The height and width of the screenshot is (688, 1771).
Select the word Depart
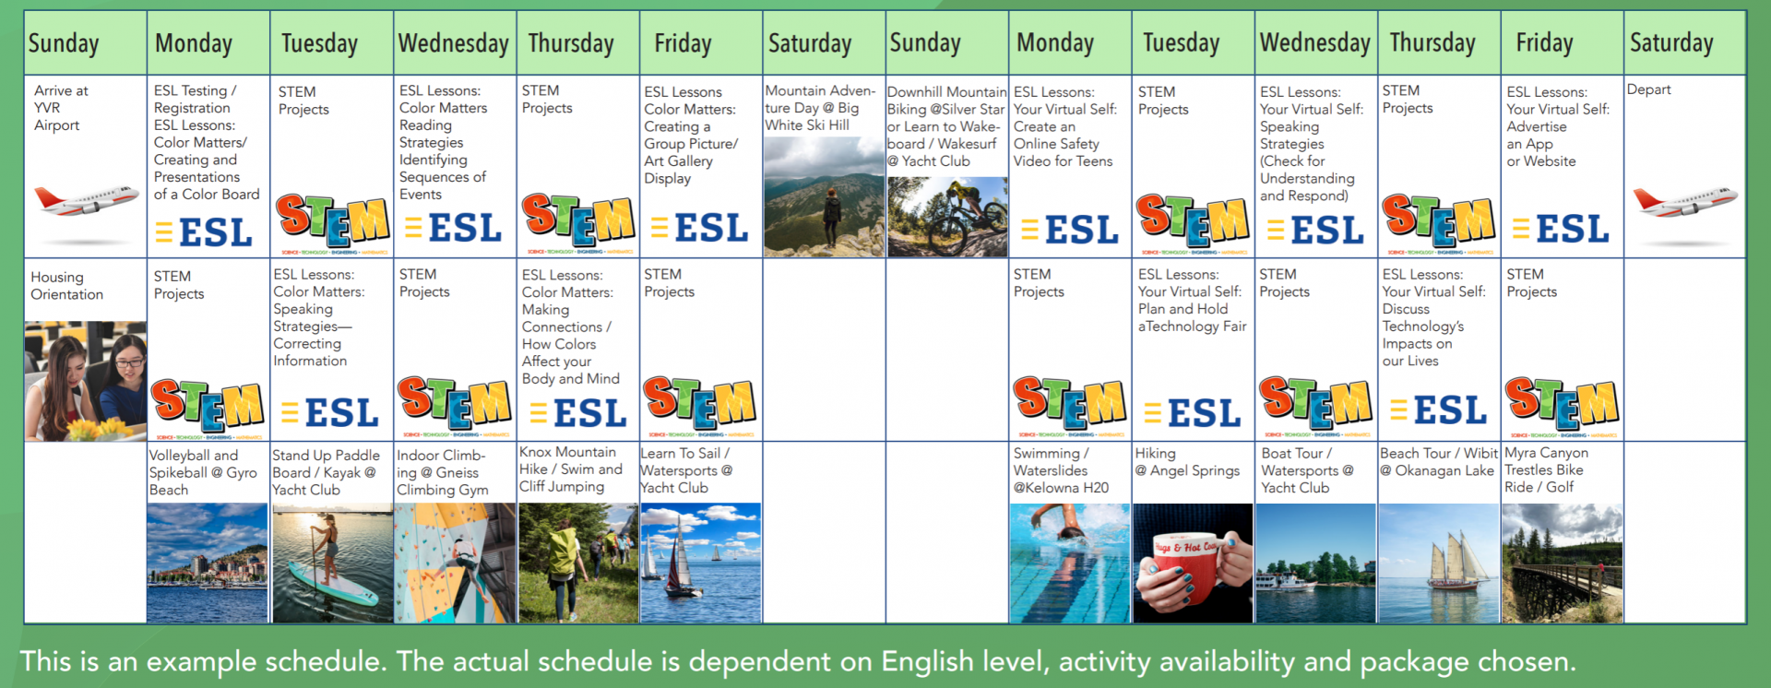1648,89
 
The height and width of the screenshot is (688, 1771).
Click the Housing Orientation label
66,286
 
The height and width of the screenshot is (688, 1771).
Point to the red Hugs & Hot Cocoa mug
1192,563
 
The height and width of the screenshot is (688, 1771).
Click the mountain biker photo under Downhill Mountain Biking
947,217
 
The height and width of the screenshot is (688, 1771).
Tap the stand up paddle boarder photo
332,563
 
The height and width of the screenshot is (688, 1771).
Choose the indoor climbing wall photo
456,563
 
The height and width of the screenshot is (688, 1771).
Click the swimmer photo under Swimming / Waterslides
1070,563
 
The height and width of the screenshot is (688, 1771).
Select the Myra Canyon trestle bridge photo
1562,563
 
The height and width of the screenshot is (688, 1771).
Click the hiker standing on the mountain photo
824,196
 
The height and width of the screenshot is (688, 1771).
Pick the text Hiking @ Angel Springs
1187,462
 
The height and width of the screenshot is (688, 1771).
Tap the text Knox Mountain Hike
567,460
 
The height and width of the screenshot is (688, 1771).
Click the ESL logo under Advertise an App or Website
1561,229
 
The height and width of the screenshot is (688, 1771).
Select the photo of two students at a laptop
85,381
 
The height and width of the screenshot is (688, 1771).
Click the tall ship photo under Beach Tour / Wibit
1438,563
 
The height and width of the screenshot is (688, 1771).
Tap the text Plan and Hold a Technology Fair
1192,317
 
